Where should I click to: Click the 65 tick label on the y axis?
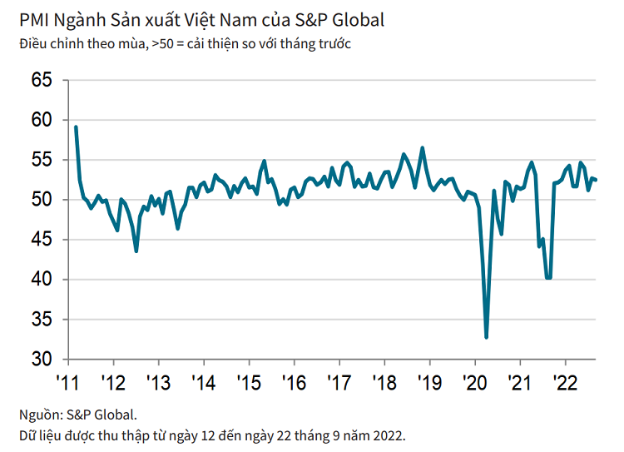pyautogui.click(x=41, y=81)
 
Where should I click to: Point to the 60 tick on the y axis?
pyautogui.click(x=41, y=121)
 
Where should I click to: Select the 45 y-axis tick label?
pyautogui.click(x=41, y=240)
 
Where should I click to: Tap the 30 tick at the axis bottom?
pyautogui.click(x=41, y=360)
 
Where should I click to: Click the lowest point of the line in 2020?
pyautogui.click(x=486, y=337)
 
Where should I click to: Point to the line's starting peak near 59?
pyautogui.click(x=76, y=127)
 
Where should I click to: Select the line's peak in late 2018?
pyautogui.click(x=423, y=148)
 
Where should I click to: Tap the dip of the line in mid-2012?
pyautogui.click(x=136, y=251)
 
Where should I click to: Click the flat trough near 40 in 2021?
pyautogui.click(x=548, y=278)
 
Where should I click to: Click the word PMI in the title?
pyautogui.click(x=34, y=19)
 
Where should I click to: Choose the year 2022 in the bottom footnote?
pyautogui.click(x=388, y=435)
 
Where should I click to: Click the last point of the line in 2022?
pyautogui.click(x=596, y=180)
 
